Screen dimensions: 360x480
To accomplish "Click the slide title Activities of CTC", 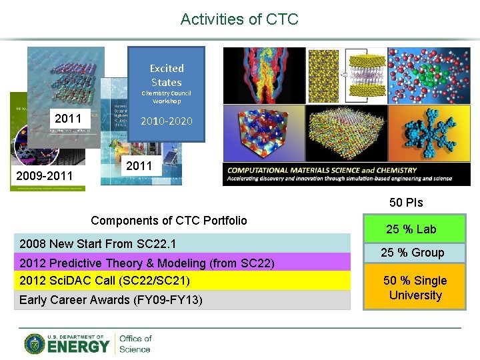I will pos(239,19).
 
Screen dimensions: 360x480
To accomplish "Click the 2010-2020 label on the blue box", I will pos(166,121).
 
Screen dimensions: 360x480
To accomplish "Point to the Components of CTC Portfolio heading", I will pos(169,221).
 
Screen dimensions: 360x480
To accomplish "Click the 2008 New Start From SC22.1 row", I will pos(184,243).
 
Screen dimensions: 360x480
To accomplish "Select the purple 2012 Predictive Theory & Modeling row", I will pos(184,263).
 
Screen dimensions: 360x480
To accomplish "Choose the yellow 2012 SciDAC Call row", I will pos(184,281).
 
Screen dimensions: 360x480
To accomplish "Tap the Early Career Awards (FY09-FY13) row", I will pos(184,300).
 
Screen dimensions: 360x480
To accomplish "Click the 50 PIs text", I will pos(406,203).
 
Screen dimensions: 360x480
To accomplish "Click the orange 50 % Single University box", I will pos(415,288).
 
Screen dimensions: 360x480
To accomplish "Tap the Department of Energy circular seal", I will pos(35,343).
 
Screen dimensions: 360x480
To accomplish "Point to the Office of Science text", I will pos(135,343).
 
